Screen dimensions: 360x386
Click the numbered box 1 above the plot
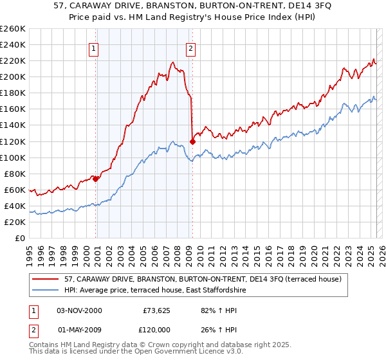tap(94, 48)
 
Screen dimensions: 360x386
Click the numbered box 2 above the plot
tap(192, 48)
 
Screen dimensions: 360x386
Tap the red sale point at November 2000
tap(96, 179)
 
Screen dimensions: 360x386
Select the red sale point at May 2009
tap(192, 141)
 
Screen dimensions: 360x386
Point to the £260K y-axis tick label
tap(12, 28)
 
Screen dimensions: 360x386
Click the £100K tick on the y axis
tap(12, 157)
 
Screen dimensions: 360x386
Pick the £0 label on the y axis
tap(19, 238)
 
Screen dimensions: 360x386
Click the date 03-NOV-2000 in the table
tap(79, 310)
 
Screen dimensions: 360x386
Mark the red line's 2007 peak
tap(172, 62)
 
